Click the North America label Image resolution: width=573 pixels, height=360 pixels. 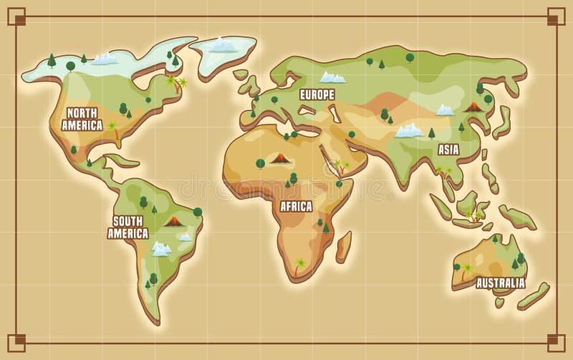[82, 119]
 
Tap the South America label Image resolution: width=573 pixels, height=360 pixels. [127, 227]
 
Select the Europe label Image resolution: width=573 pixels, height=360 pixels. [317, 94]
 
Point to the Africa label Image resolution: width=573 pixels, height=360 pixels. [296, 207]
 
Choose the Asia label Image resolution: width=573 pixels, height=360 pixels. [448, 150]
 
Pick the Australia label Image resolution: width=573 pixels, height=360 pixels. [500, 283]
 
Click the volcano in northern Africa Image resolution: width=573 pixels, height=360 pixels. [281, 157]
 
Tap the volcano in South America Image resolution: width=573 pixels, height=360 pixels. [173, 221]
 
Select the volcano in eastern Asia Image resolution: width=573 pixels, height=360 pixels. [473, 107]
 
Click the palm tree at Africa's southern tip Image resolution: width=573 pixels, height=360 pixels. [299, 266]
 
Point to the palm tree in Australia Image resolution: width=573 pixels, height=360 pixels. [466, 271]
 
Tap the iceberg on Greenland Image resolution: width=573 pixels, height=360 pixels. [222, 45]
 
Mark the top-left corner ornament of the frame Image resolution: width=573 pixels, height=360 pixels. [16, 16]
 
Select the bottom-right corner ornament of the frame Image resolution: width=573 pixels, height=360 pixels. [557, 344]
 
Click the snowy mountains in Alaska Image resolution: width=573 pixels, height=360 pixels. [105, 58]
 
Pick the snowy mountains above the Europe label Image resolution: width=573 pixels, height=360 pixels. [332, 77]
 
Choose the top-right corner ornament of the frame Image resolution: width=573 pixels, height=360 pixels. [557, 16]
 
